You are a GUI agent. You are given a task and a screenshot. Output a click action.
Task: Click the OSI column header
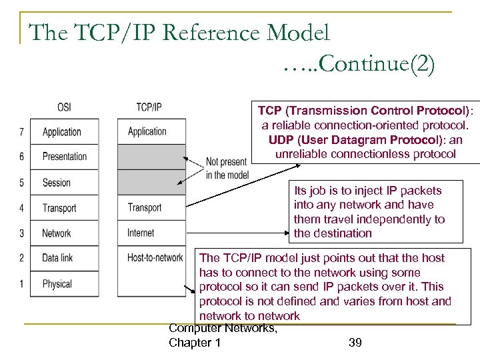coord(64,107)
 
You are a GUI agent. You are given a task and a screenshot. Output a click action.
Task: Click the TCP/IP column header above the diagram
coord(149,107)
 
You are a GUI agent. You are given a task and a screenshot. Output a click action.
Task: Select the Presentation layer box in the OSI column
coord(65,157)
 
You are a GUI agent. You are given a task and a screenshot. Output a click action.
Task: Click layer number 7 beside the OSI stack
coord(21,131)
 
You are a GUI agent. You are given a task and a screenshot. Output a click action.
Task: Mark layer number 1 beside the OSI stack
coord(21,284)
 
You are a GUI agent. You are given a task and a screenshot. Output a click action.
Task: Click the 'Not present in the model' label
coord(227,168)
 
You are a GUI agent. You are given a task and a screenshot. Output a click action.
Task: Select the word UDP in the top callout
coord(282,141)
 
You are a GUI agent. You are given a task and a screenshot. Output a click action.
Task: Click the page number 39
coord(355,343)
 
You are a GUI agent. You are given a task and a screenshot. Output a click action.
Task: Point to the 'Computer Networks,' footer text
coord(223,327)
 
